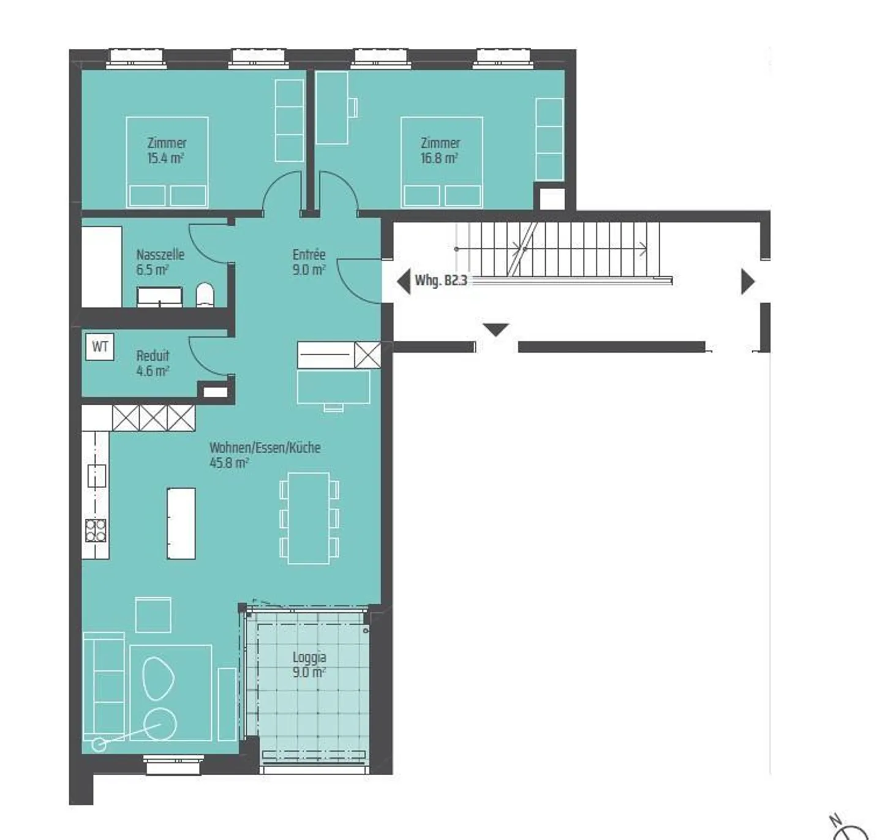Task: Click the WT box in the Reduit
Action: click(99, 347)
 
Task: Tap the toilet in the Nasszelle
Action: click(205, 295)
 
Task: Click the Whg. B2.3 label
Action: click(440, 281)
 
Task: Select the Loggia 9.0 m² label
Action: click(309, 664)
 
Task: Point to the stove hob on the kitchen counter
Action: click(96, 530)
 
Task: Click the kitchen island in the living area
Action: click(181, 523)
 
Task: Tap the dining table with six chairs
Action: click(309, 518)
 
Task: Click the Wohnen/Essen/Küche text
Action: click(265, 448)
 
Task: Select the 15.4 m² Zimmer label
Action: click(166, 151)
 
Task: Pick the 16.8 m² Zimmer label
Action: click(440, 151)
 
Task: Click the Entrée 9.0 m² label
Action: click(309, 262)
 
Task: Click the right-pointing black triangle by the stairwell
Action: click(747, 282)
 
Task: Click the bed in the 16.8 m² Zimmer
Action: click(441, 163)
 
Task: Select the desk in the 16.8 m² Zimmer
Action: click(332, 108)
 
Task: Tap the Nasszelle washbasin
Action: click(159, 296)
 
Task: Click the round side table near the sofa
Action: click(160, 724)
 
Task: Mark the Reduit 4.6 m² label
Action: click(153, 363)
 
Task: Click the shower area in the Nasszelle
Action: click(102, 266)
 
